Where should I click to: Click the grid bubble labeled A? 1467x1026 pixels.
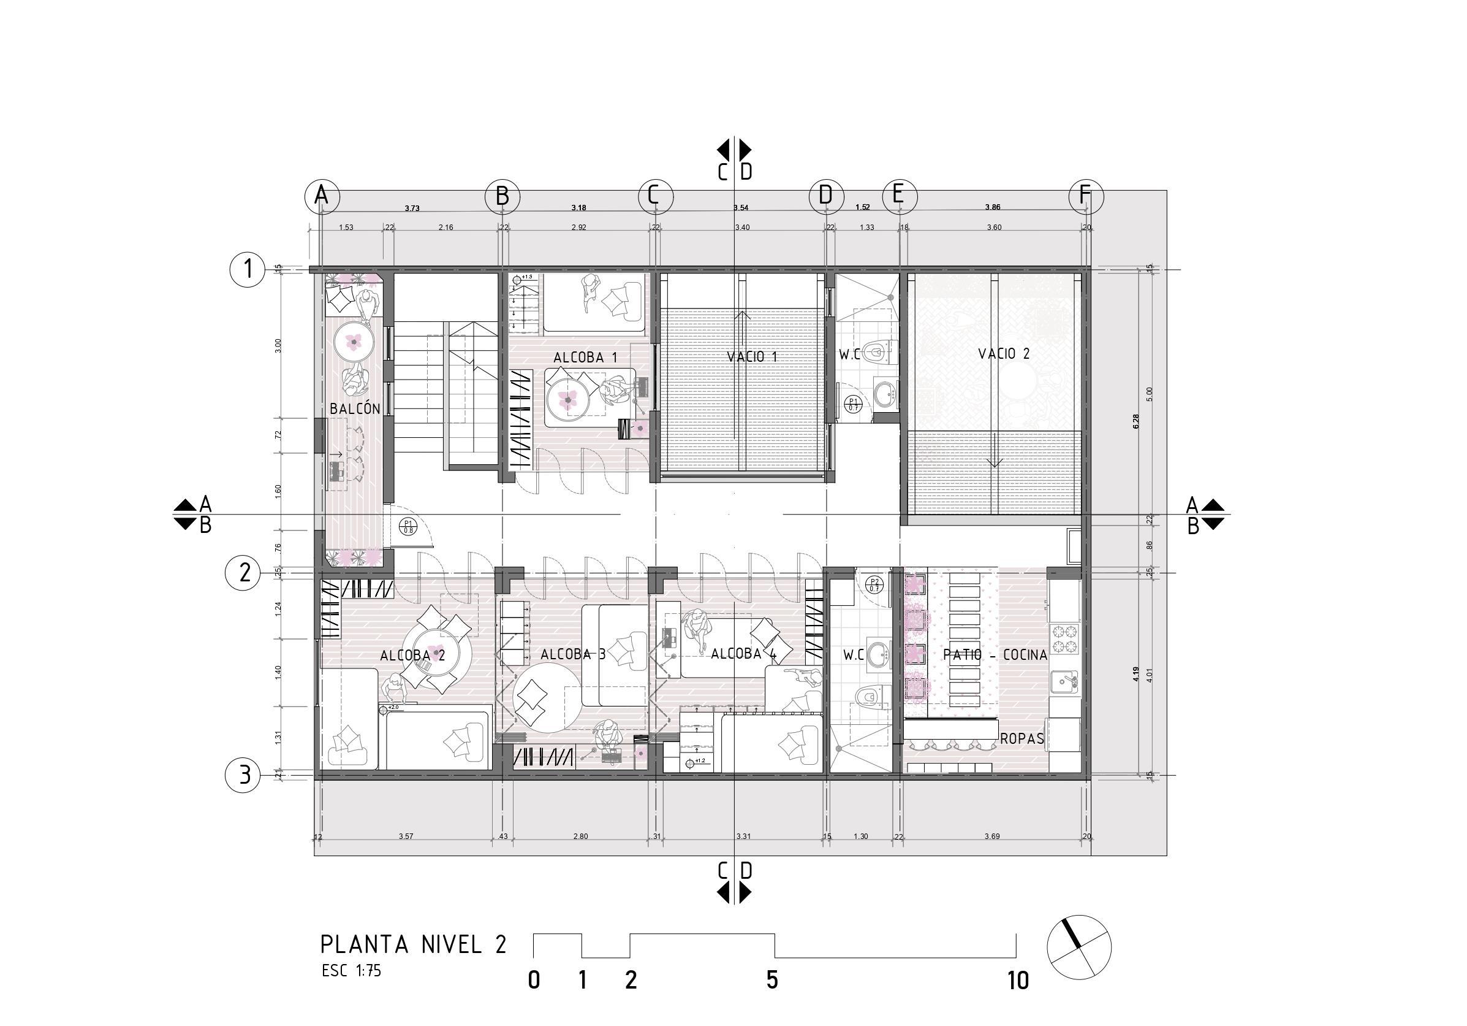coord(321,196)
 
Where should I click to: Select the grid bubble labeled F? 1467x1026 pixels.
coord(1086,196)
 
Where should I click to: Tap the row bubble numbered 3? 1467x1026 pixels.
coord(243,775)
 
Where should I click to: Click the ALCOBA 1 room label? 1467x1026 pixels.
coord(585,358)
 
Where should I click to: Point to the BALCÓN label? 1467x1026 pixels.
coord(355,408)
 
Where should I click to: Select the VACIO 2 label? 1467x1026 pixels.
coord(1004,353)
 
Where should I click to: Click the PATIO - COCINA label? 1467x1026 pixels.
coord(995,654)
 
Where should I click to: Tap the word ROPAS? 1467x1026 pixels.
coord(1022,739)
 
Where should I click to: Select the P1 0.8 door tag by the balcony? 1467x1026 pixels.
coord(408,527)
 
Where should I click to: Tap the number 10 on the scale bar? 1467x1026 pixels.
coord(1018,981)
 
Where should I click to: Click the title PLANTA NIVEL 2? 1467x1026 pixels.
coord(413,945)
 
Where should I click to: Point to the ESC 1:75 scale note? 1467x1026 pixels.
coord(351,971)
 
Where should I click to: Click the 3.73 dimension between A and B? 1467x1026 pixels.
coord(412,209)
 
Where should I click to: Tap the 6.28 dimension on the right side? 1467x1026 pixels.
coord(1135,421)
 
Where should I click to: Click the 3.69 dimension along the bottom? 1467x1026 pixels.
coord(991,836)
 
